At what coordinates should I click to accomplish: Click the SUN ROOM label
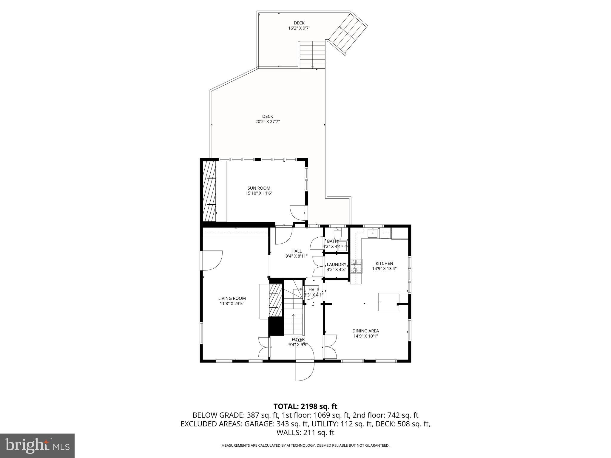(259, 188)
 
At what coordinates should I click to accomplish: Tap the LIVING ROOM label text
(232, 298)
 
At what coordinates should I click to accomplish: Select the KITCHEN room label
(384, 263)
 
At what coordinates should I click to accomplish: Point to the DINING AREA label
(365, 331)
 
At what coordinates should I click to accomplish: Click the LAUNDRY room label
(336, 264)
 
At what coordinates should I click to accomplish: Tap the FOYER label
(298, 339)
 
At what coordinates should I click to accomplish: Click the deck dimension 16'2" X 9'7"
(299, 28)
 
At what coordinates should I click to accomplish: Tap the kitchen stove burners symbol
(356, 266)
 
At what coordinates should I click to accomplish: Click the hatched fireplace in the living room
(275, 300)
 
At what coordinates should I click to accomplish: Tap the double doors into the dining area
(330, 346)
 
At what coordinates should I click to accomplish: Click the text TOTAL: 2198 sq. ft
(305, 406)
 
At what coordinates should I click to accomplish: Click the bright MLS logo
(37, 445)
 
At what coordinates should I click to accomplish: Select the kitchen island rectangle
(388, 302)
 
